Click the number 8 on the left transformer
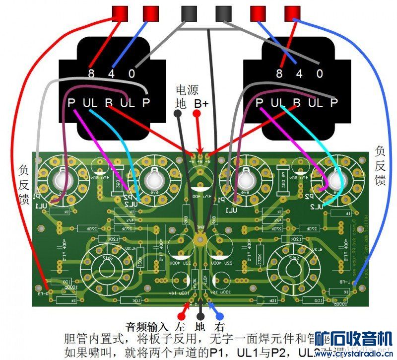[x=91, y=74]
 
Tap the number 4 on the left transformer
[x=112, y=74]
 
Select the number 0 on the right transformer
[x=320, y=74]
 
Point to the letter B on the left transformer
[x=108, y=103]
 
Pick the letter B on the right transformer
[x=297, y=103]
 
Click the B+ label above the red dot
[x=201, y=103]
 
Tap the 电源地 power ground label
[x=183, y=97]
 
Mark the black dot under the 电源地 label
[x=177, y=114]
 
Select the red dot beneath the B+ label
[x=197, y=114]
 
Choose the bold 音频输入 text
[x=147, y=327]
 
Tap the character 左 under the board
[x=179, y=327]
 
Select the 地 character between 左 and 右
[x=199, y=327]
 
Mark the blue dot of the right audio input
[x=219, y=316]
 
